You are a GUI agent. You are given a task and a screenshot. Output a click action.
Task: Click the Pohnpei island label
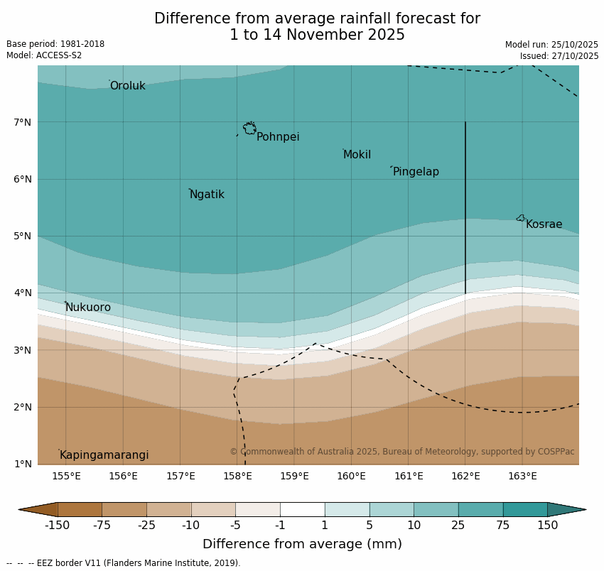pyautogui.click(x=278, y=137)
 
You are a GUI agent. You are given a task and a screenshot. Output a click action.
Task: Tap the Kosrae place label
pyautogui.click(x=544, y=224)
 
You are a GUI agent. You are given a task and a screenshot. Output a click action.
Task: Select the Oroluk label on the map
pyautogui.click(x=127, y=86)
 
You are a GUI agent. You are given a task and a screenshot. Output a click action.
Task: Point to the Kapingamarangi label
pyautogui.click(x=104, y=455)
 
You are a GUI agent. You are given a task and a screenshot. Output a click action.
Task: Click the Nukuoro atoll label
pyautogui.click(x=88, y=308)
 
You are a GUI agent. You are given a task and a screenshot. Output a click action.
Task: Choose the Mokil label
pyautogui.click(x=357, y=155)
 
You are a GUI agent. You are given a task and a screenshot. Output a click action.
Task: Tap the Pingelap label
pyautogui.click(x=416, y=172)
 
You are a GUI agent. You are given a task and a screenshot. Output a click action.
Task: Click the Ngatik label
pyautogui.click(x=207, y=195)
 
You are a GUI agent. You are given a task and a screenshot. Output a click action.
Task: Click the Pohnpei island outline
pyautogui.click(x=249, y=129)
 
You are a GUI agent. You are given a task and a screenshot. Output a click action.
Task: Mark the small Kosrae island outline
pyautogui.click(x=520, y=218)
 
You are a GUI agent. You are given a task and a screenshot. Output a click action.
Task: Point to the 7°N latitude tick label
pyautogui.click(x=23, y=122)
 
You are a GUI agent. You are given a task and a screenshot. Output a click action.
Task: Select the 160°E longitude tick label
pyautogui.click(x=351, y=476)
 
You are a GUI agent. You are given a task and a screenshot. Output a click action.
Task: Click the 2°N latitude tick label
pyautogui.click(x=23, y=407)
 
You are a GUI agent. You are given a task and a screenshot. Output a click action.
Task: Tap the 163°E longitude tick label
pyautogui.click(x=522, y=476)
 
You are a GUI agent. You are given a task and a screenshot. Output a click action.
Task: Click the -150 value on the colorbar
pyautogui.click(x=57, y=526)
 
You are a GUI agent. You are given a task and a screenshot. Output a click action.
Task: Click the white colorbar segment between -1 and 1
pyautogui.click(x=302, y=509)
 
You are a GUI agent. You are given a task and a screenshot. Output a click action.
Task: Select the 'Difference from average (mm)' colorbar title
pyautogui.click(x=302, y=545)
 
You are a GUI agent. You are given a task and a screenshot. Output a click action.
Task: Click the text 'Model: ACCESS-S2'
pyautogui.click(x=44, y=55)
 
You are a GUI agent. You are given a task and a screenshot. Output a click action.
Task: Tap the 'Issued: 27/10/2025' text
pyautogui.click(x=559, y=56)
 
